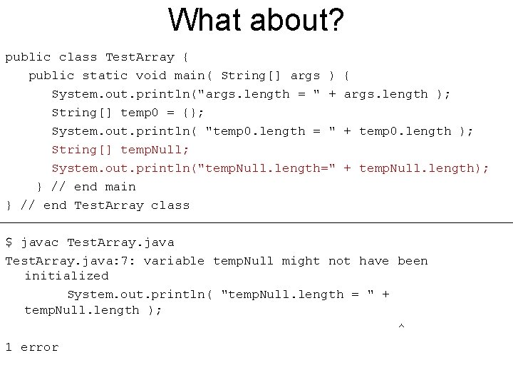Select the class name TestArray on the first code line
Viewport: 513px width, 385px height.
coord(140,57)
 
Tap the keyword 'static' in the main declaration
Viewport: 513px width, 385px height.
coord(105,76)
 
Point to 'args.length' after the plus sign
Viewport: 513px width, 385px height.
coord(385,94)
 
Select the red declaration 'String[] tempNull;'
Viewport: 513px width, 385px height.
coord(120,150)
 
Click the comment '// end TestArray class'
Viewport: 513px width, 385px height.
coord(105,205)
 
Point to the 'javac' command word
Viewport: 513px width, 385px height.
coord(39,242)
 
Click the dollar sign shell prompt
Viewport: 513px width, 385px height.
coord(9,242)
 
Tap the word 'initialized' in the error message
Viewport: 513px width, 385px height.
coord(66,276)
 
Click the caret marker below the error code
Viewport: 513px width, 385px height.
coord(400,327)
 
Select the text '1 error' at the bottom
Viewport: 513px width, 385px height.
coord(31,347)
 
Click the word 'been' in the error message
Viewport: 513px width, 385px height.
coord(413,261)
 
